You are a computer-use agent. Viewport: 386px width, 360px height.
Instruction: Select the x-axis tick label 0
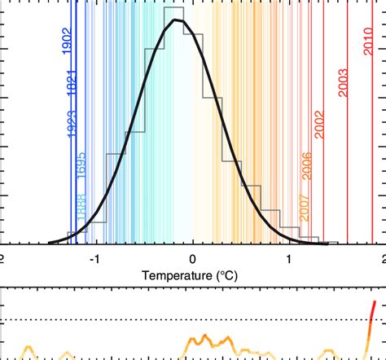pyautogui.click(x=193, y=258)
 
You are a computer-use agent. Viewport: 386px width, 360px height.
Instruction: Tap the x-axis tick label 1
pyautogui.click(x=290, y=258)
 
